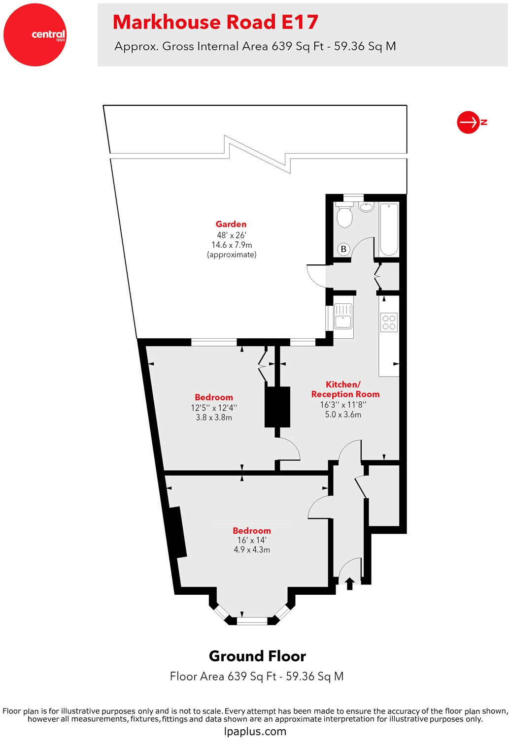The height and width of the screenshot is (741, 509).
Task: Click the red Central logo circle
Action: (35, 35)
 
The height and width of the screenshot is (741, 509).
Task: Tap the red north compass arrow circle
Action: (468, 122)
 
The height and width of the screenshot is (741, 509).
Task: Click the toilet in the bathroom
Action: (344, 216)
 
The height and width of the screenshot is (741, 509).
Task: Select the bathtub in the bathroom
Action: (389, 229)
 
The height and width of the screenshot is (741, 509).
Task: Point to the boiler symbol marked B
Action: (343, 249)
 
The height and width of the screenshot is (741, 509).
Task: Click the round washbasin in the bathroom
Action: (366, 207)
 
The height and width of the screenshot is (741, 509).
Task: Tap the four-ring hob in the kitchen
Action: (389, 322)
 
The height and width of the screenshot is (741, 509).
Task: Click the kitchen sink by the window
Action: (343, 316)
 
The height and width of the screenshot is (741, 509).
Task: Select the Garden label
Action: (231, 224)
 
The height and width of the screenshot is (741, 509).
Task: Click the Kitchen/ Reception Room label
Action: (345, 389)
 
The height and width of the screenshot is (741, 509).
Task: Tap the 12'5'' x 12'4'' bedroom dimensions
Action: (214, 408)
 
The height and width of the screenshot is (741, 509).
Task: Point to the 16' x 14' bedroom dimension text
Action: (252, 540)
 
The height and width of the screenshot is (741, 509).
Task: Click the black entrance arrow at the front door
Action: (349, 583)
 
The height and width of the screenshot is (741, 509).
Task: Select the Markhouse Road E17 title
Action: (215, 22)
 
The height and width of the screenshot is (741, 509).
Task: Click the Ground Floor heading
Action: (257, 656)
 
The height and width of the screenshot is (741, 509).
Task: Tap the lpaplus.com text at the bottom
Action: (255, 731)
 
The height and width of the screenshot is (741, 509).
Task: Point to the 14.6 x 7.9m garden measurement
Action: (232, 245)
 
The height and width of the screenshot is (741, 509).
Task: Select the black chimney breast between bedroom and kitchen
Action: (277, 407)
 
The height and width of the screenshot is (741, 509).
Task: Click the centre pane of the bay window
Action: (252, 621)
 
